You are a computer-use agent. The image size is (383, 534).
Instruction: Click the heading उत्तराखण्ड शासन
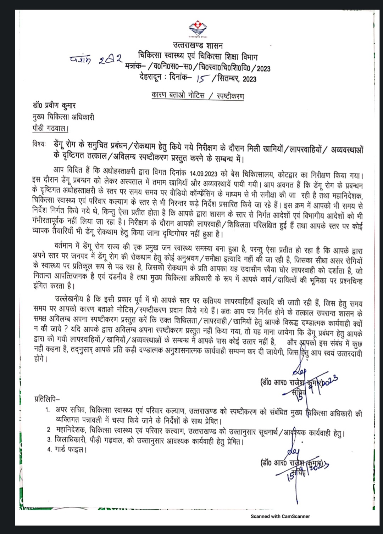coord(198,45)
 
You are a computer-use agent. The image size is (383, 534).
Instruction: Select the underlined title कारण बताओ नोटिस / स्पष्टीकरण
coord(198,96)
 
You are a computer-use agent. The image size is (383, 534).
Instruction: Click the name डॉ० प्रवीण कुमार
coord(54,106)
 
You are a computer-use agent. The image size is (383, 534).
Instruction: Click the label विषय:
coord(39,144)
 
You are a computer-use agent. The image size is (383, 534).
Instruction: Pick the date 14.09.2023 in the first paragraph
coord(203,174)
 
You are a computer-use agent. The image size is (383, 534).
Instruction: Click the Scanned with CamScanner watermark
coord(280,516)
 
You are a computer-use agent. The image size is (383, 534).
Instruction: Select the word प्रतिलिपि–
coord(47,399)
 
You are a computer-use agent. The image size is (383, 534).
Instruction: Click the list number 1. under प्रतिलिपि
coord(48,410)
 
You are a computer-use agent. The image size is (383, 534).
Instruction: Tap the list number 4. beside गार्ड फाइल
coord(49,450)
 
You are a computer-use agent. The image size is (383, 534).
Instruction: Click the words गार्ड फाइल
coord(71,450)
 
